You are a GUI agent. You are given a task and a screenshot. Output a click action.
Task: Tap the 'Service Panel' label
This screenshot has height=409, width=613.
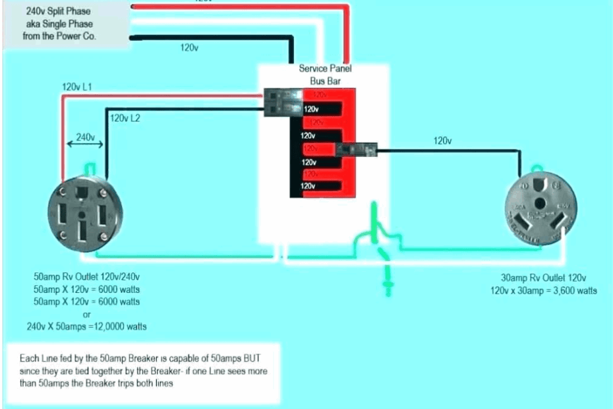tap(326, 69)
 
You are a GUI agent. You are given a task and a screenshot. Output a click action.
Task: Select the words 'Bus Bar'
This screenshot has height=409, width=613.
tap(326, 80)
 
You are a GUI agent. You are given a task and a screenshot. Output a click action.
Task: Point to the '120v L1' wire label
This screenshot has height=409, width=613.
tap(77, 87)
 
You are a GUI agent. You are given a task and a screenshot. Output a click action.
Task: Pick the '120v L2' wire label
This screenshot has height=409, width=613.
tap(125, 119)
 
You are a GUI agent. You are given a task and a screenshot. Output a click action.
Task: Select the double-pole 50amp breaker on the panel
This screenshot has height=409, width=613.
tap(283, 104)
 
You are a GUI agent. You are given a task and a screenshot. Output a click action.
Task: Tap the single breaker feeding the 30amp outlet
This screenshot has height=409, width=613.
tap(356, 151)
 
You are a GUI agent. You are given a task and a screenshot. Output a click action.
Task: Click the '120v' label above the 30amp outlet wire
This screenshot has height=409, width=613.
tap(442, 141)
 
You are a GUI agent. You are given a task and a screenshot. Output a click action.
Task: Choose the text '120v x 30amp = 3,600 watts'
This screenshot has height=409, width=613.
tap(543, 290)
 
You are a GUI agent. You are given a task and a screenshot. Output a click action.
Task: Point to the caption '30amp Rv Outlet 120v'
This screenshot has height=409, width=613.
tap(544, 278)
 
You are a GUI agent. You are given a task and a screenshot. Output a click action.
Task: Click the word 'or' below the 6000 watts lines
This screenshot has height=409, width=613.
tap(86, 314)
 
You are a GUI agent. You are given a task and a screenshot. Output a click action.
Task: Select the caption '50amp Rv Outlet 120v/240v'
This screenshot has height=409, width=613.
tap(86, 277)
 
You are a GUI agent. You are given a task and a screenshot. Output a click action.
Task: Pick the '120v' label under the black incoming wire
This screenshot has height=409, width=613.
tap(190, 49)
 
